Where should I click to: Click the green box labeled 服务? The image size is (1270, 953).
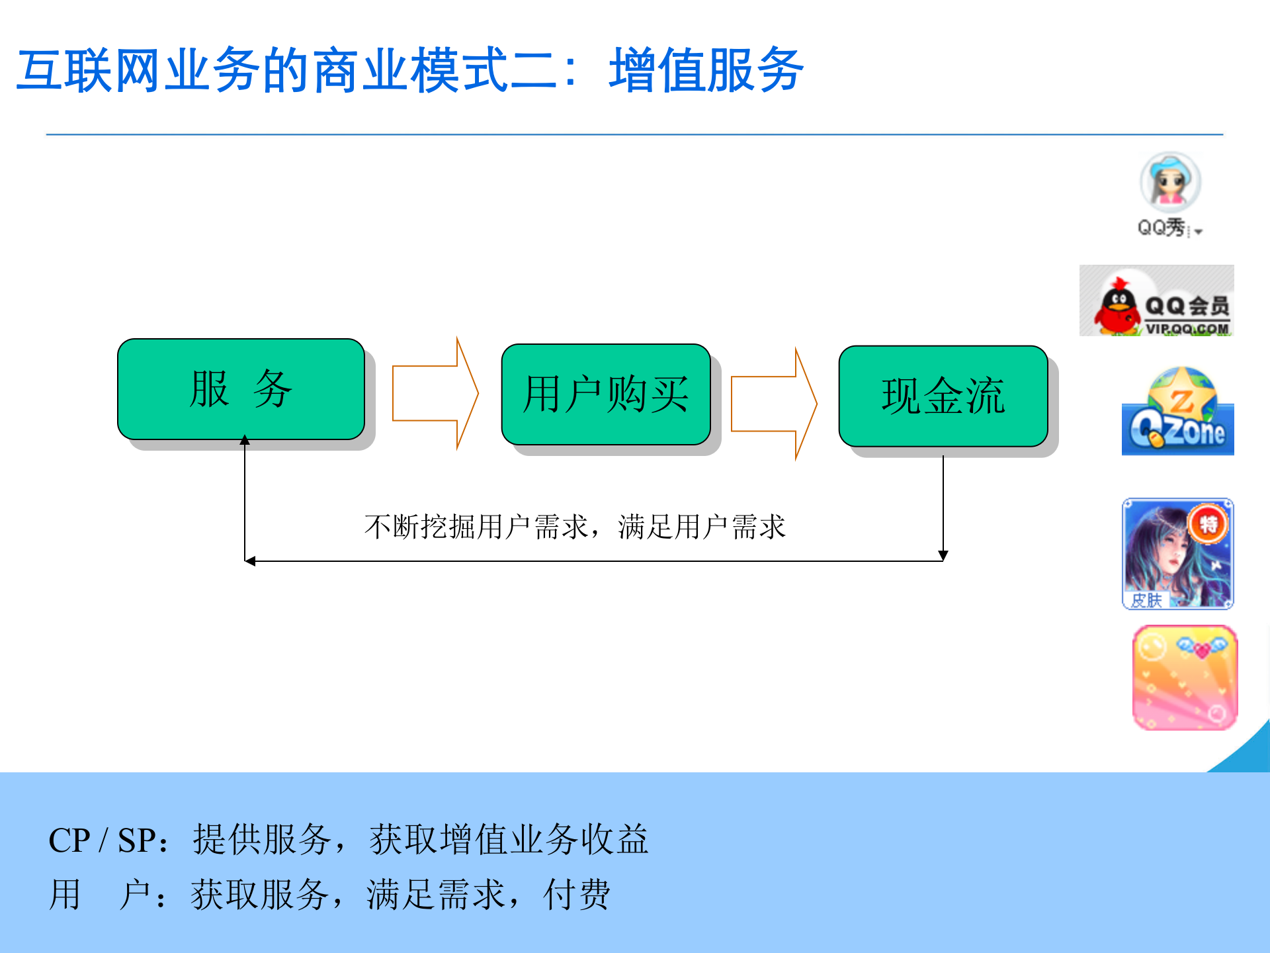pyautogui.click(x=241, y=389)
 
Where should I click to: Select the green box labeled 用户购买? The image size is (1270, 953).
pyautogui.click(x=606, y=394)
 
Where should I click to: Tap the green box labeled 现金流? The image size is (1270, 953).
pyautogui.click(x=943, y=396)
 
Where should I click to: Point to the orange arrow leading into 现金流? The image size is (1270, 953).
pyautogui.click(x=773, y=404)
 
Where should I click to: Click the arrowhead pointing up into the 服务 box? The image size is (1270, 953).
pyautogui.click(x=245, y=440)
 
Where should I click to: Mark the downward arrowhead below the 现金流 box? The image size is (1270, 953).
pyautogui.click(x=943, y=555)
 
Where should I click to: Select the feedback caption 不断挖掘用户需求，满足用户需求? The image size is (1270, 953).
pyautogui.click(x=574, y=527)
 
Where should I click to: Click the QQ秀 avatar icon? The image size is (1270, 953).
pyautogui.click(x=1170, y=182)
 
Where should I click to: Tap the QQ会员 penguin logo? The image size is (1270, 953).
pyautogui.click(x=1156, y=301)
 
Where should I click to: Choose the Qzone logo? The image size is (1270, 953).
pyautogui.click(x=1177, y=412)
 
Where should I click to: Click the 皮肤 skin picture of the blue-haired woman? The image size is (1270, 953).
pyautogui.click(x=1177, y=554)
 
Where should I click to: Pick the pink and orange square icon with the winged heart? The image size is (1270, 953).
pyautogui.click(x=1185, y=678)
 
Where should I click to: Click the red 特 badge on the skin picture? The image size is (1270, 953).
pyautogui.click(x=1208, y=525)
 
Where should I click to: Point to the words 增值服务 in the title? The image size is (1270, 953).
pyautogui.click(x=706, y=70)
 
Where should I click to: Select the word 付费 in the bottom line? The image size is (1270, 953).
pyautogui.click(x=576, y=895)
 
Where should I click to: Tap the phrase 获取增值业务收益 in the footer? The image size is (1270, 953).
pyautogui.click(x=509, y=840)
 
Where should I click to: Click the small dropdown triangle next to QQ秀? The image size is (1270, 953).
pyautogui.click(x=1199, y=232)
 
